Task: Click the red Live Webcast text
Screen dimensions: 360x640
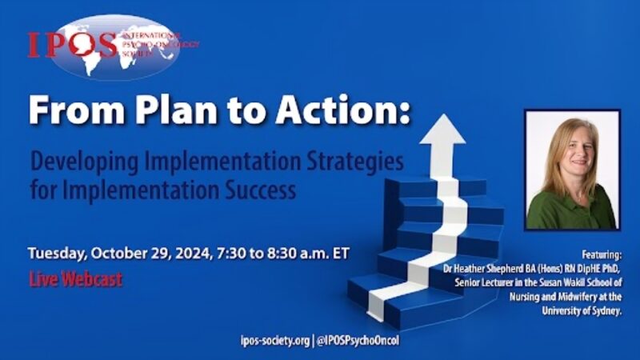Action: click(75, 280)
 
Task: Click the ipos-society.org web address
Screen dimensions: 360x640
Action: click(274, 339)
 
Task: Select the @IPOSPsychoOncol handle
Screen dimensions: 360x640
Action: click(358, 339)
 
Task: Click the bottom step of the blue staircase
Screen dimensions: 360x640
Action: click(400, 308)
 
